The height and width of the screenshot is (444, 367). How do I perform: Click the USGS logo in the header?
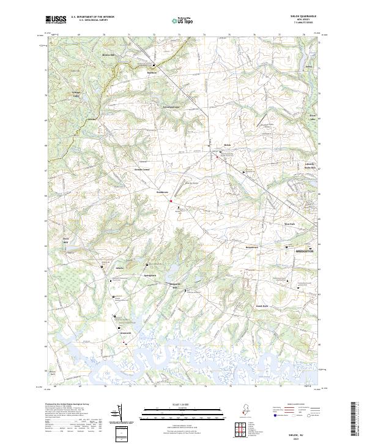click(56, 20)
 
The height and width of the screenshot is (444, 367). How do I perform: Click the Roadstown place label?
click(162, 192)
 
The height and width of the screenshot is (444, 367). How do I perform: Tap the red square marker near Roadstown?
click(171, 200)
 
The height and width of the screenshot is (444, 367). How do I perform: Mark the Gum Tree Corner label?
click(142, 169)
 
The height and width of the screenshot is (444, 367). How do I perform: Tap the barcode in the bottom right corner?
click(357, 420)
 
